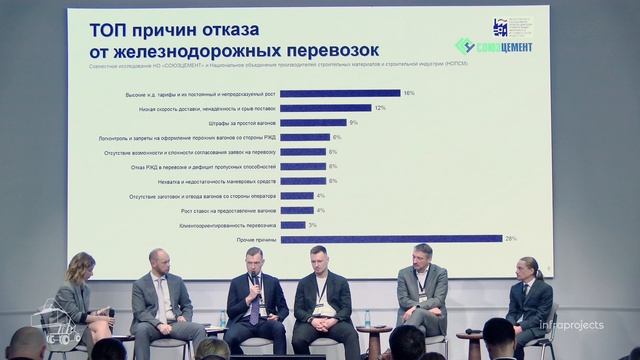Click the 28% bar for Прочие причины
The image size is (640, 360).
(390, 238)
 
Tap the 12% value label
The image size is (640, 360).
(379, 108)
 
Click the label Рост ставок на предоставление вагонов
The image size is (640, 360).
(229, 210)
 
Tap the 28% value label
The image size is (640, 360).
(509, 238)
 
